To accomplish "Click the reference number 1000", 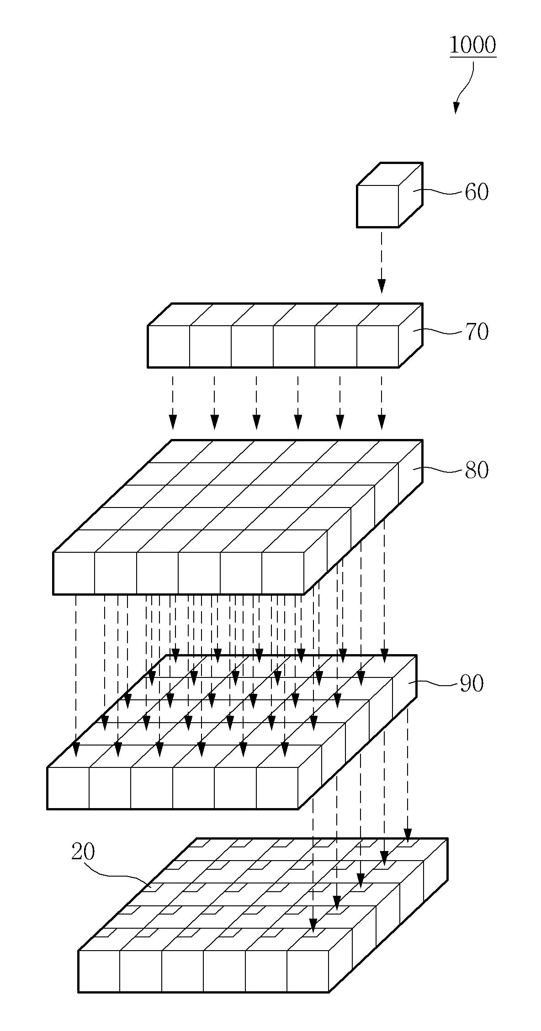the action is pos(472,45).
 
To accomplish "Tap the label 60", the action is pos(477,192).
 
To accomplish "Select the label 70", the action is pos(477,332).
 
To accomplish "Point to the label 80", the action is pos(477,470).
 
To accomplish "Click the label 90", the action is pos(471,684).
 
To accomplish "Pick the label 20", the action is pos(83,852).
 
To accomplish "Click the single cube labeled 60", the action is pos(389,195).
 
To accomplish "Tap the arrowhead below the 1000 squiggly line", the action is pos(456,108).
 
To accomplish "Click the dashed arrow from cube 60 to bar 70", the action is pos(382,262).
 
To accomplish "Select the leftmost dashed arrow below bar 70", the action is pos(172,402).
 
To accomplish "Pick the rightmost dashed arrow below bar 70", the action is pos(382,402).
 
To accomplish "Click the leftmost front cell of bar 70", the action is pos(169,346).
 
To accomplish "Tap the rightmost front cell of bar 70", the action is pos(378,346).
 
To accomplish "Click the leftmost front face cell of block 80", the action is pos(74,573).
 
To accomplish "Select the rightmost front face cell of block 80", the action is pos(283,573).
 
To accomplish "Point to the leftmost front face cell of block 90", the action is pos(68,788).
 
